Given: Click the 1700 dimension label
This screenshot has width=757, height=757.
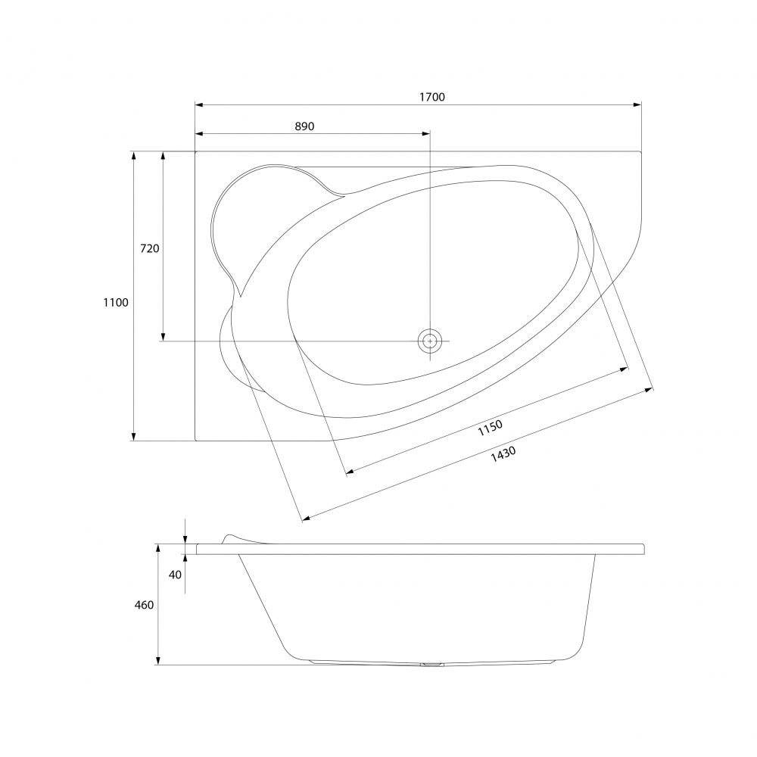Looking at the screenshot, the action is tap(431, 97).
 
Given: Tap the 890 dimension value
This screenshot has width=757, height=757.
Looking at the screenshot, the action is tap(304, 126).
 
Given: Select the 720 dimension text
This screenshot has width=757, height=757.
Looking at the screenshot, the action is tap(149, 248).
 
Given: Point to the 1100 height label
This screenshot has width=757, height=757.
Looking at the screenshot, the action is tap(116, 303).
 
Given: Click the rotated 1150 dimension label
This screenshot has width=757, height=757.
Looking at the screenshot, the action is tap(490, 428).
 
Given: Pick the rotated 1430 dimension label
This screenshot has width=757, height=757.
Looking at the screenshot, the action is tap(503, 453).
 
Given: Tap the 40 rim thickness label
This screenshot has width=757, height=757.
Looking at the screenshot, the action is tap(176, 575).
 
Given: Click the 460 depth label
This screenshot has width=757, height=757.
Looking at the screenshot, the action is tap(144, 605).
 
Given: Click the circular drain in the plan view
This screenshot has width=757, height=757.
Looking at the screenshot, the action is tap(430, 341).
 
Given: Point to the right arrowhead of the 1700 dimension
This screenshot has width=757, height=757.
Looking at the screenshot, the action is tap(637, 104).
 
